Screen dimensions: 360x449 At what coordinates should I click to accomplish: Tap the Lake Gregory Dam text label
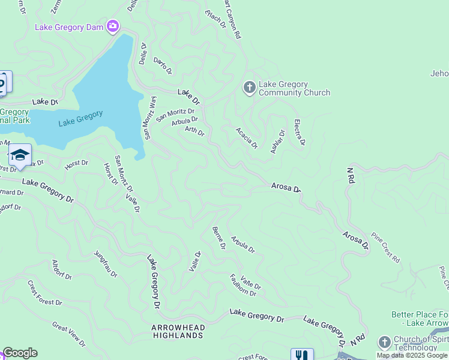tap(70, 27)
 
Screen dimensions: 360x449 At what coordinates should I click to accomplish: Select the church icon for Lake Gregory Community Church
tap(250, 88)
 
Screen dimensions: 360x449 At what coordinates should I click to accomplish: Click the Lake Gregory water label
tap(81, 118)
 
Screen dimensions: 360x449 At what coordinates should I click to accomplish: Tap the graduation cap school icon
tap(20, 155)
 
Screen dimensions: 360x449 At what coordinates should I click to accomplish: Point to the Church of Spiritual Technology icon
tap(385, 343)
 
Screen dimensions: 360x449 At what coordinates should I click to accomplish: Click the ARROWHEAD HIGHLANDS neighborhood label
tap(178, 331)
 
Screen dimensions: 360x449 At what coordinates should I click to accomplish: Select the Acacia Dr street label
tap(247, 138)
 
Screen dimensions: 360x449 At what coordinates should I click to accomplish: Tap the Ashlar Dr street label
tap(277, 142)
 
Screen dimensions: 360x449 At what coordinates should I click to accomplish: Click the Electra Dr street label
tap(300, 133)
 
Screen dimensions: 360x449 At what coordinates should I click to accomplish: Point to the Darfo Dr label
tap(163, 66)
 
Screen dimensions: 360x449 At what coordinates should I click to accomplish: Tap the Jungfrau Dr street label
tap(106, 264)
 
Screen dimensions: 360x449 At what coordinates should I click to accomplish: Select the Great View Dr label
tap(68, 334)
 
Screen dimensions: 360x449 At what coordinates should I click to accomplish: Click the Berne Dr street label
tap(218, 238)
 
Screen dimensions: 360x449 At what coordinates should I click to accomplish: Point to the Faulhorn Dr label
tap(243, 285)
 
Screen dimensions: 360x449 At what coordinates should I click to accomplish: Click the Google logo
tap(20, 353)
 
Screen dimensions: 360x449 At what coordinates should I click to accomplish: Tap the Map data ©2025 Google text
tap(412, 355)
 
